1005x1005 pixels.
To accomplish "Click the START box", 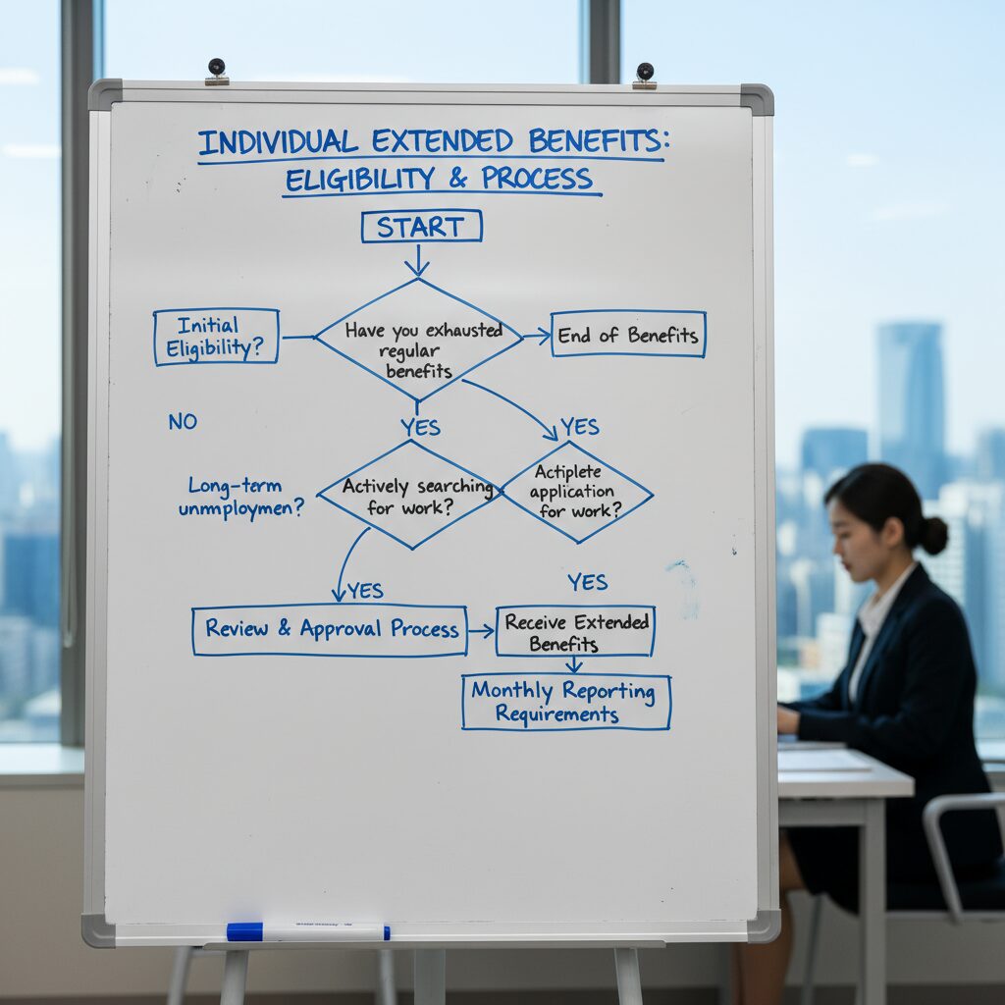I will click(421, 227).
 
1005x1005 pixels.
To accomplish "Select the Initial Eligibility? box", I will click(216, 337).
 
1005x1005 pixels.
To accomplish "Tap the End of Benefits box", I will click(628, 335).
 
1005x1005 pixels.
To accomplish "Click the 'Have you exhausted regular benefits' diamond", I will click(419, 340).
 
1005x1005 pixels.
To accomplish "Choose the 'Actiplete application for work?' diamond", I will click(577, 492).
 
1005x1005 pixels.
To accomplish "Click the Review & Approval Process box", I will click(329, 629).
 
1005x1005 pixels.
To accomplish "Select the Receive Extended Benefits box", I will click(575, 631).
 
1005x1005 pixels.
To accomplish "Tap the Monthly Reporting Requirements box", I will click(566, 702).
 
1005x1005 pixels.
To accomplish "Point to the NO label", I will click(183, 422).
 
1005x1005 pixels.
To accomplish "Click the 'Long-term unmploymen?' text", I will click(241, 498).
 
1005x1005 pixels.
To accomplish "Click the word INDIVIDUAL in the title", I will click(278, 142).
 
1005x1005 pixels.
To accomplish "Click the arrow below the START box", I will click(417, 260).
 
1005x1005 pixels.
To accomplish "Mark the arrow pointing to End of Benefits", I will click(536, 337).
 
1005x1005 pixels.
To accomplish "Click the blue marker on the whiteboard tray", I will click(307, 931).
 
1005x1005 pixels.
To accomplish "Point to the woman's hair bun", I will click(931, 535).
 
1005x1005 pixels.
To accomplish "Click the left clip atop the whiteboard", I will click(216, 71).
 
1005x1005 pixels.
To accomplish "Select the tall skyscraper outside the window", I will click(910, 393).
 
